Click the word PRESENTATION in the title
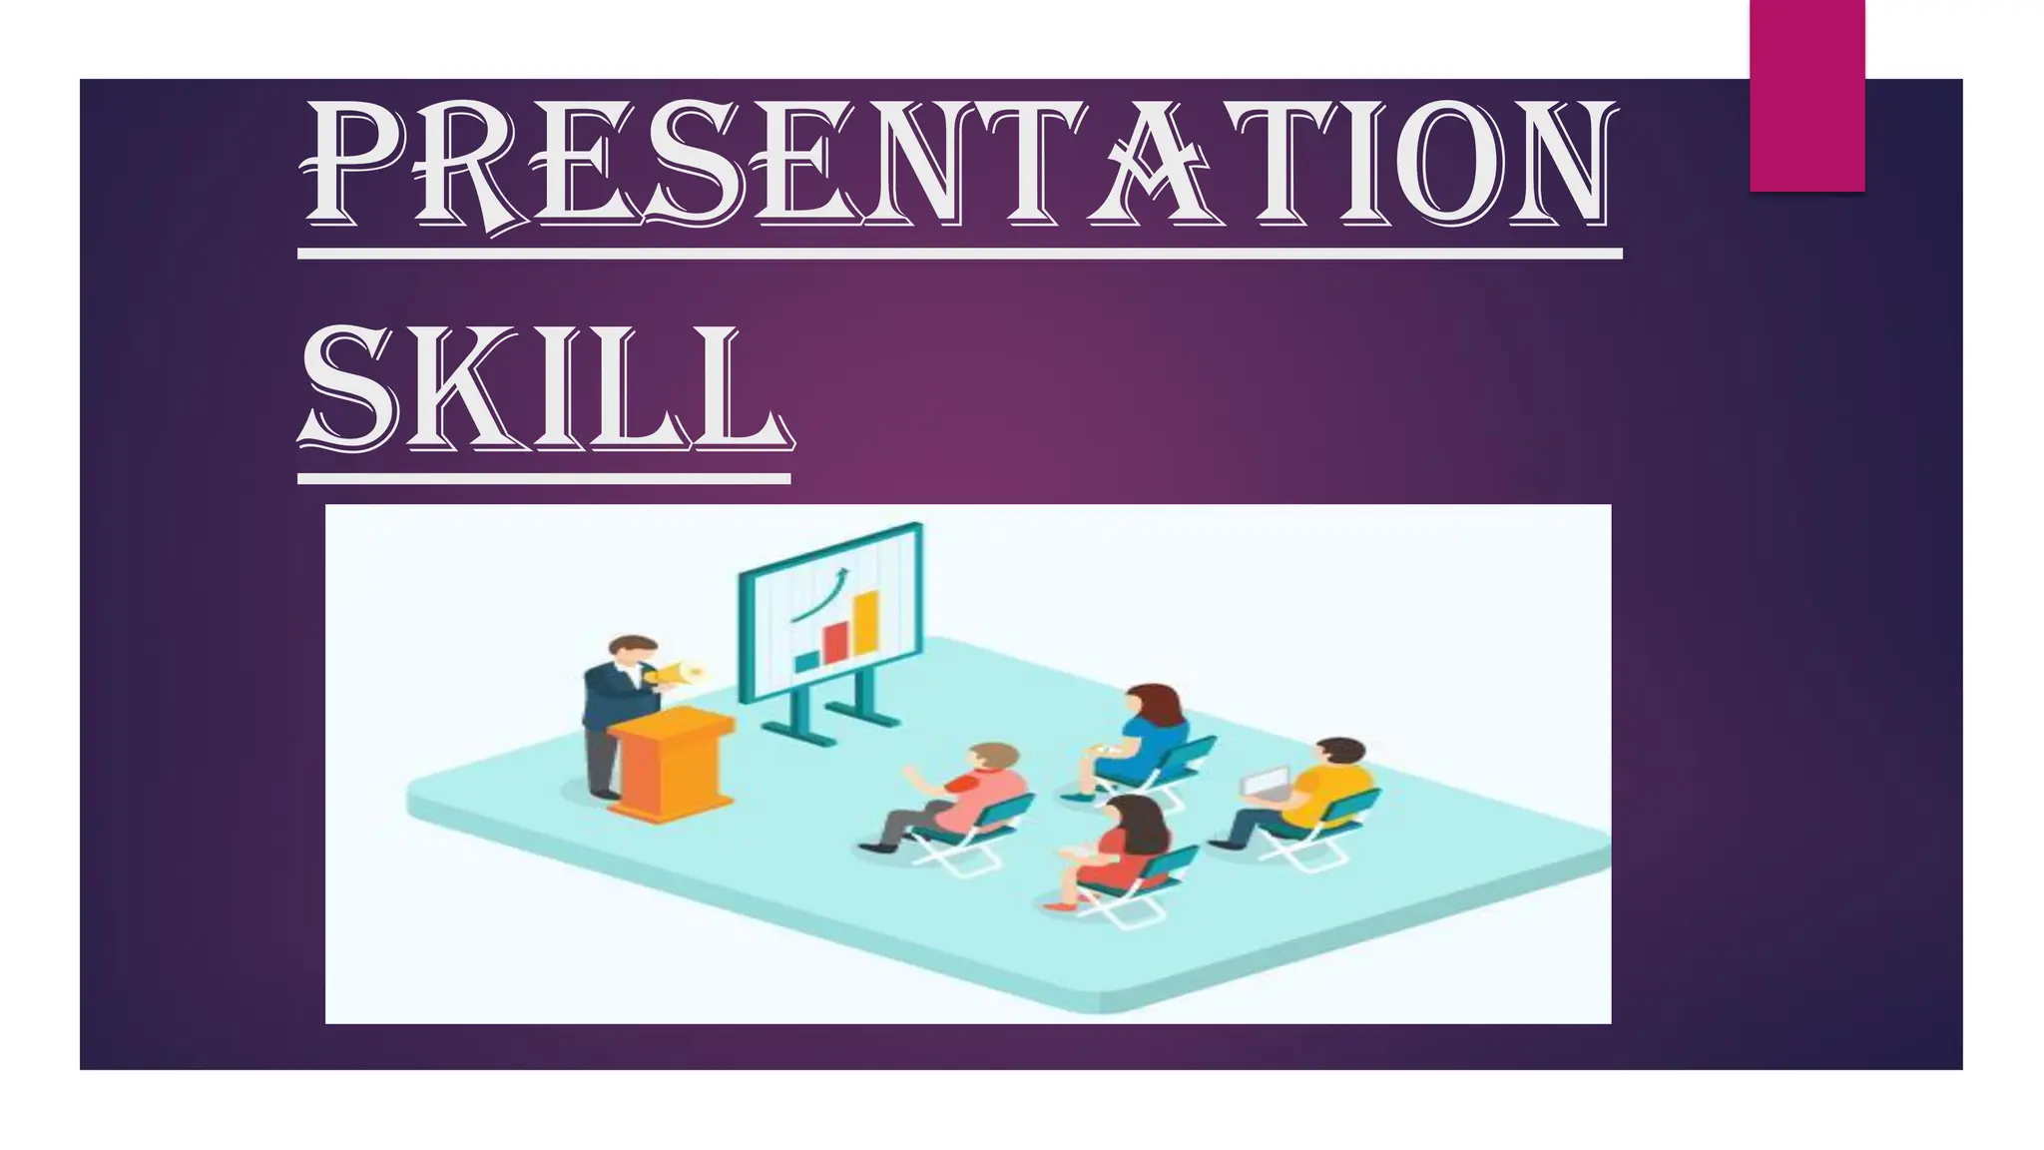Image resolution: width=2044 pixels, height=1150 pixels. [958, 165]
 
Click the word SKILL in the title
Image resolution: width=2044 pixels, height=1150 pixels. [544, 389]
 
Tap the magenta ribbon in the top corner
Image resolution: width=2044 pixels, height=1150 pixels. [1806, 95]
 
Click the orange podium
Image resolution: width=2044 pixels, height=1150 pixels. [671, 764]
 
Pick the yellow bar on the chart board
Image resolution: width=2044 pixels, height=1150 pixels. [866, 623]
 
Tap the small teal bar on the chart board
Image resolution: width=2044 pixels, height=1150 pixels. [805, 661]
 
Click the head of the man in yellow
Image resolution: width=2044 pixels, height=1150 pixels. [1339, 759]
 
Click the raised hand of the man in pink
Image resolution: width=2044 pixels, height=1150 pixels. [910, 773]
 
